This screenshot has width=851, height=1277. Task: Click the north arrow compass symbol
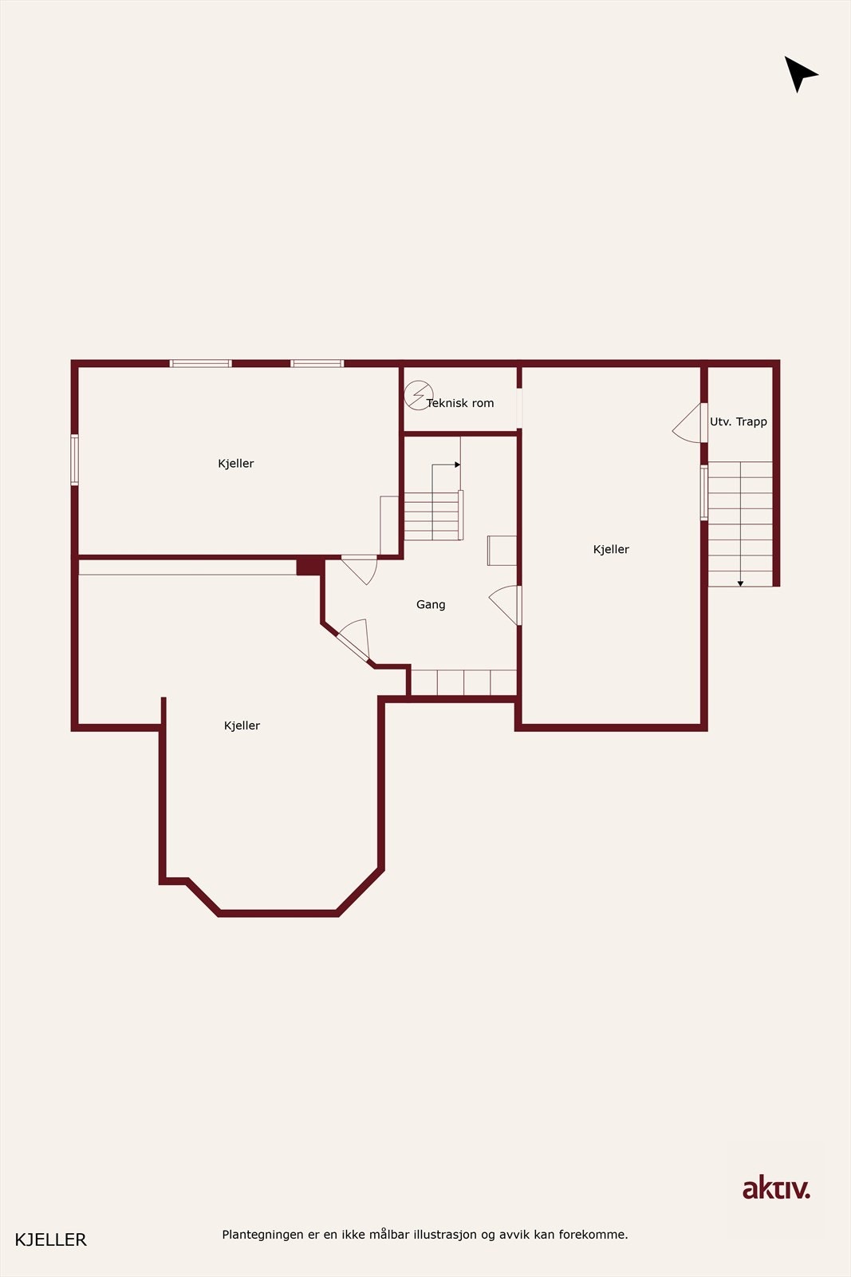799,74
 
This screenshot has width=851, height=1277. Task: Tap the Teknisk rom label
460,403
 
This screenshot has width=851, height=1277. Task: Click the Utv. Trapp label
739,421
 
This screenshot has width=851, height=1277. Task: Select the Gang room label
431,605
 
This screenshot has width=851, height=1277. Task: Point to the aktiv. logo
776,1188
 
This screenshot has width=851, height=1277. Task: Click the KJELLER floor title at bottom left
50,1239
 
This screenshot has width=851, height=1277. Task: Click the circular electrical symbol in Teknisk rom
417,395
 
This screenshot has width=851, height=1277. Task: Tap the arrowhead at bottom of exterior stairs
740,583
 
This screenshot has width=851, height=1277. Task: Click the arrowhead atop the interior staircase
457,465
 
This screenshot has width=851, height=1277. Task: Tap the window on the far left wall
74,460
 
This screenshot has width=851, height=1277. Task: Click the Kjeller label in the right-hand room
611,549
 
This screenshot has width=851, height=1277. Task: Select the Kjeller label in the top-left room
236,464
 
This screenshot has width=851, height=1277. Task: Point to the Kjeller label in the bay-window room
242,725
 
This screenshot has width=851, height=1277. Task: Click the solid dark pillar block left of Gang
309,566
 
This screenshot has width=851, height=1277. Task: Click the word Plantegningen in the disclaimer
262,1235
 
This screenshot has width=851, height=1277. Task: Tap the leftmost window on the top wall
200,363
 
